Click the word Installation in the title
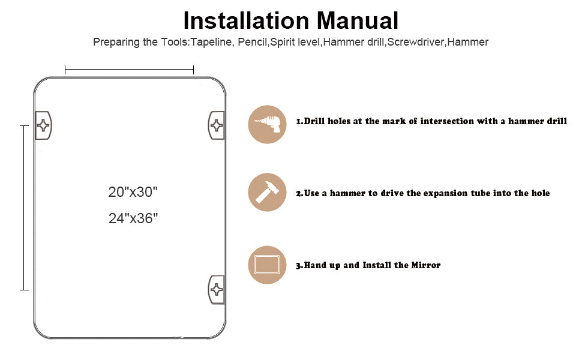(247, 20)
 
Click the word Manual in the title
(358, 20)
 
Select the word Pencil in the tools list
(253, 42)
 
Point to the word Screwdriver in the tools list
(416, 42)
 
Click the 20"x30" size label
(133, 192)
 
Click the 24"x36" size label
(133, 218)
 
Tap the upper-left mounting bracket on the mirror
(43, 125)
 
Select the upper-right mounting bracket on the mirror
(217, 125)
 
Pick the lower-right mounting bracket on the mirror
(217, 289)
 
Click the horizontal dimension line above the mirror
(129, 70)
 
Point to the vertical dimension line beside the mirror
(24, 208)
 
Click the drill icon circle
(267, 124)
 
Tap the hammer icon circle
(267, 192)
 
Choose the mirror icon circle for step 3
(267, 265)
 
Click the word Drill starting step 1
(314, 121)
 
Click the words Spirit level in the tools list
(295, 42)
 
